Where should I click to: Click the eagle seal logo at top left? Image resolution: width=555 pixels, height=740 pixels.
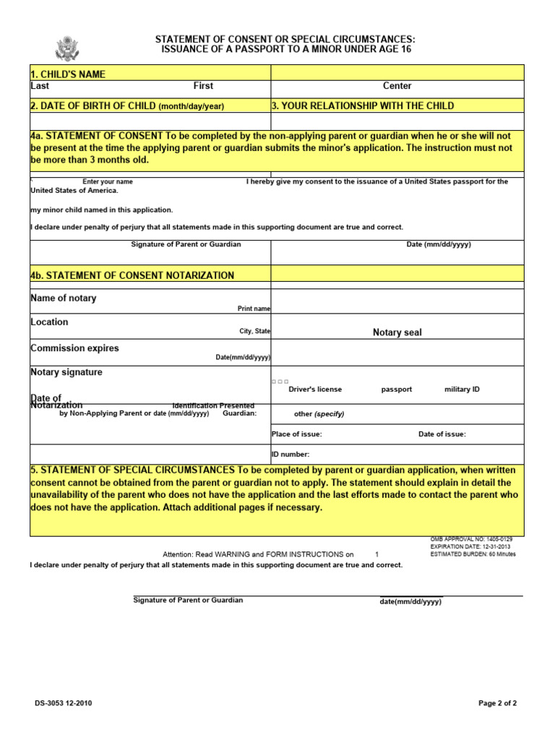66,49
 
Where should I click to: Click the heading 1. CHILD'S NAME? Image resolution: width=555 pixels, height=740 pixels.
68,74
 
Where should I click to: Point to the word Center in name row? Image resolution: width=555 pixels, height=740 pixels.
397,86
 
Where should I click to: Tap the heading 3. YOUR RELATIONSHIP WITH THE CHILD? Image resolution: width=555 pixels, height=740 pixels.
363,106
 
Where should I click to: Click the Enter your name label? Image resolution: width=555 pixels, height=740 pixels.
108,182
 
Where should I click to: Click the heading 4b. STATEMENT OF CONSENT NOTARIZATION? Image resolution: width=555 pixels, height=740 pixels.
132,275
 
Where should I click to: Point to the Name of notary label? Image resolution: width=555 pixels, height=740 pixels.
63,298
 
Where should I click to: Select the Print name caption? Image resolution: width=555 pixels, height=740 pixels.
254,309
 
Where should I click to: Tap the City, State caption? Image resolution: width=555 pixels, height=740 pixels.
255,332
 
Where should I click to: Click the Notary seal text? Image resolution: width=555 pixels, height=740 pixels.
397,332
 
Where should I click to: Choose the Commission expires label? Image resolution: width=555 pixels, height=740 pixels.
74,348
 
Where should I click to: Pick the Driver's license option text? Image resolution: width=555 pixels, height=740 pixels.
315,390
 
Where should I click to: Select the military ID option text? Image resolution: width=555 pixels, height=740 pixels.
462,390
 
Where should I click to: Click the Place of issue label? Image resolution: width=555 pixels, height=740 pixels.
296,434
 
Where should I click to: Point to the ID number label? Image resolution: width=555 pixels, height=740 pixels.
291,455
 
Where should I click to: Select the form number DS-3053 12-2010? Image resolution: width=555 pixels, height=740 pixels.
63,703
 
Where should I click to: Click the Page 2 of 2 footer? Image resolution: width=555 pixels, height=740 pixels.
498,703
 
